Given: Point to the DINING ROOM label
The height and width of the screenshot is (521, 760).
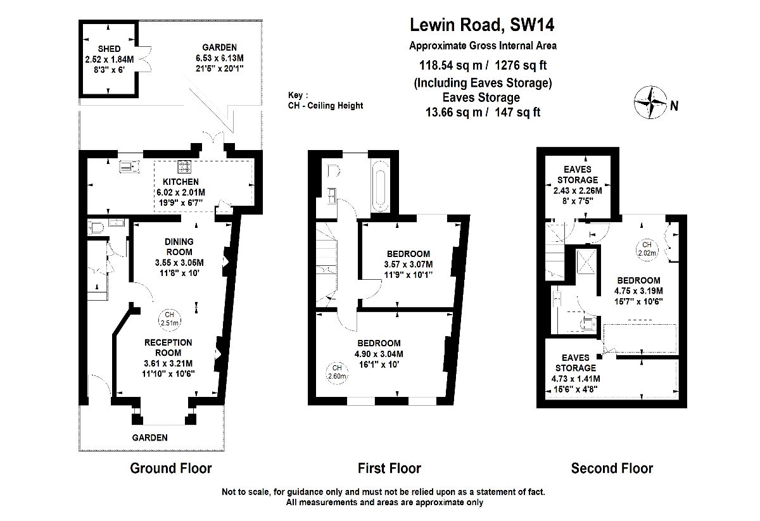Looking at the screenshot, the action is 179,247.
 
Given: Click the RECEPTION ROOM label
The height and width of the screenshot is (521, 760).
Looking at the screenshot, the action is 168,348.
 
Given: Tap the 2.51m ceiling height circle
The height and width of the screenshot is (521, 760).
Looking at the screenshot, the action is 168,318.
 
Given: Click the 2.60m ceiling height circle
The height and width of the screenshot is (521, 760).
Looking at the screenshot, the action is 337,372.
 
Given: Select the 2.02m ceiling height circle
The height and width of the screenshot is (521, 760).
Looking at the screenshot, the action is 647,248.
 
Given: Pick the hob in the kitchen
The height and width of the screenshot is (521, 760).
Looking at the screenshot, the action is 184,167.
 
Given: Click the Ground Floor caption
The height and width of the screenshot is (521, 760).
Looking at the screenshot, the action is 170,468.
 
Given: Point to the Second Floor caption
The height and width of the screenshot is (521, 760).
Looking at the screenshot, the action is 611,468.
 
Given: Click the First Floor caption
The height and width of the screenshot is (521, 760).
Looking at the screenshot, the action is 389,468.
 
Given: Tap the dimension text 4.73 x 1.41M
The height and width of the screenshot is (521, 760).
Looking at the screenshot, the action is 575,379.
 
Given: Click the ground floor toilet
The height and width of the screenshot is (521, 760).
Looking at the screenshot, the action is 97,228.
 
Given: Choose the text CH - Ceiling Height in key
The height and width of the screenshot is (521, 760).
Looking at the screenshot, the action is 325,106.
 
